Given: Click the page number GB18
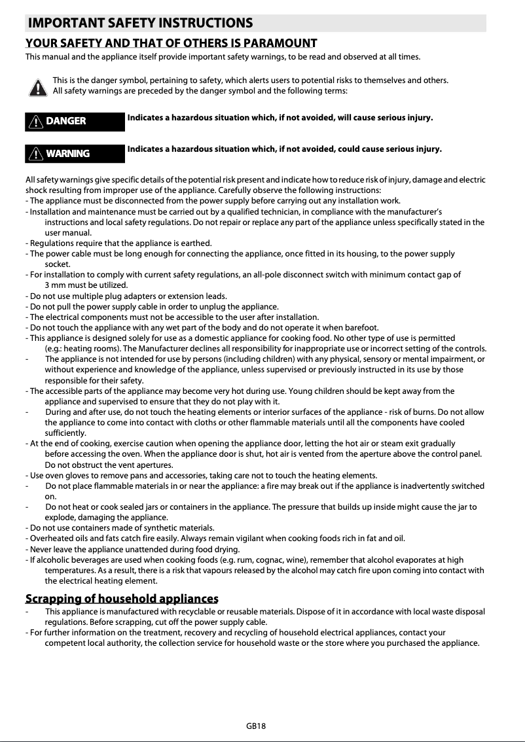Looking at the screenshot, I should pos(256,726).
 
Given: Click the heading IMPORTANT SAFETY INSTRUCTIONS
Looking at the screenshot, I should pos(140,24).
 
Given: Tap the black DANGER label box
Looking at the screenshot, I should pos(75,121).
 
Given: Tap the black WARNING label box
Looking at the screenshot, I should pos(75,154).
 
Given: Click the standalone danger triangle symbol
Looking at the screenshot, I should pos(37,86).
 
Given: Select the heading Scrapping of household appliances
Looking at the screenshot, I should pos(121,599).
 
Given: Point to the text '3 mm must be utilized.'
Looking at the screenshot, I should pos(86,285).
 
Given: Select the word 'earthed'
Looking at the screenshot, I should pos(194,243).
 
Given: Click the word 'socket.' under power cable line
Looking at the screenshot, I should pos(58,264).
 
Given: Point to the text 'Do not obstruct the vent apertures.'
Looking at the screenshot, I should pos(109,465).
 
